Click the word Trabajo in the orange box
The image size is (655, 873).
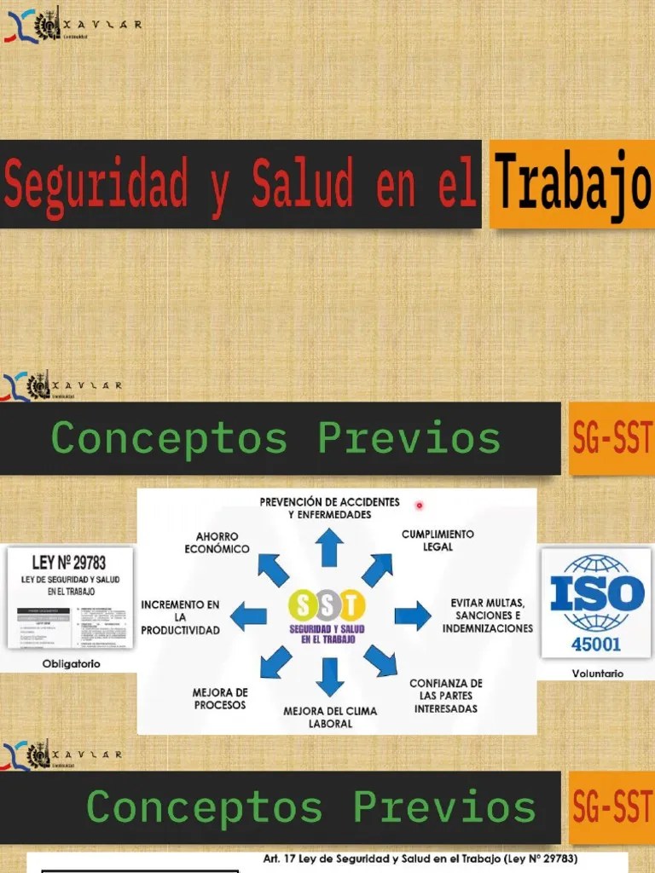pos(572,184)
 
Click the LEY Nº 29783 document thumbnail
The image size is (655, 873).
pos(70,598)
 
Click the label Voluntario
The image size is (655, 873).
pos(597,674)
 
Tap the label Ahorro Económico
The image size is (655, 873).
pos(217,541)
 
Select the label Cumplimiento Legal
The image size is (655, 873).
pos(438,540)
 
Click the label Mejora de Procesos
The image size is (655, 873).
pos(220,698)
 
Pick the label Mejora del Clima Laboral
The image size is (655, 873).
pos(330,717)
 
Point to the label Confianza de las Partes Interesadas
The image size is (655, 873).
pos(445,696)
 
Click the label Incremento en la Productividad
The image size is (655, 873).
pos(181,616)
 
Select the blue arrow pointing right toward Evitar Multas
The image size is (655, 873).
pos(412,616)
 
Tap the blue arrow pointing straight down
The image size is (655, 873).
pos(330,676)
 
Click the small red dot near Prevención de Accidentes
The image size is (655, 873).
pos(420,506)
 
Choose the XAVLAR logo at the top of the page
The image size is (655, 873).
pos(72,24)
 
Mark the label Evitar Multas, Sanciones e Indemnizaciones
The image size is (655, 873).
pos(487,616)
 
